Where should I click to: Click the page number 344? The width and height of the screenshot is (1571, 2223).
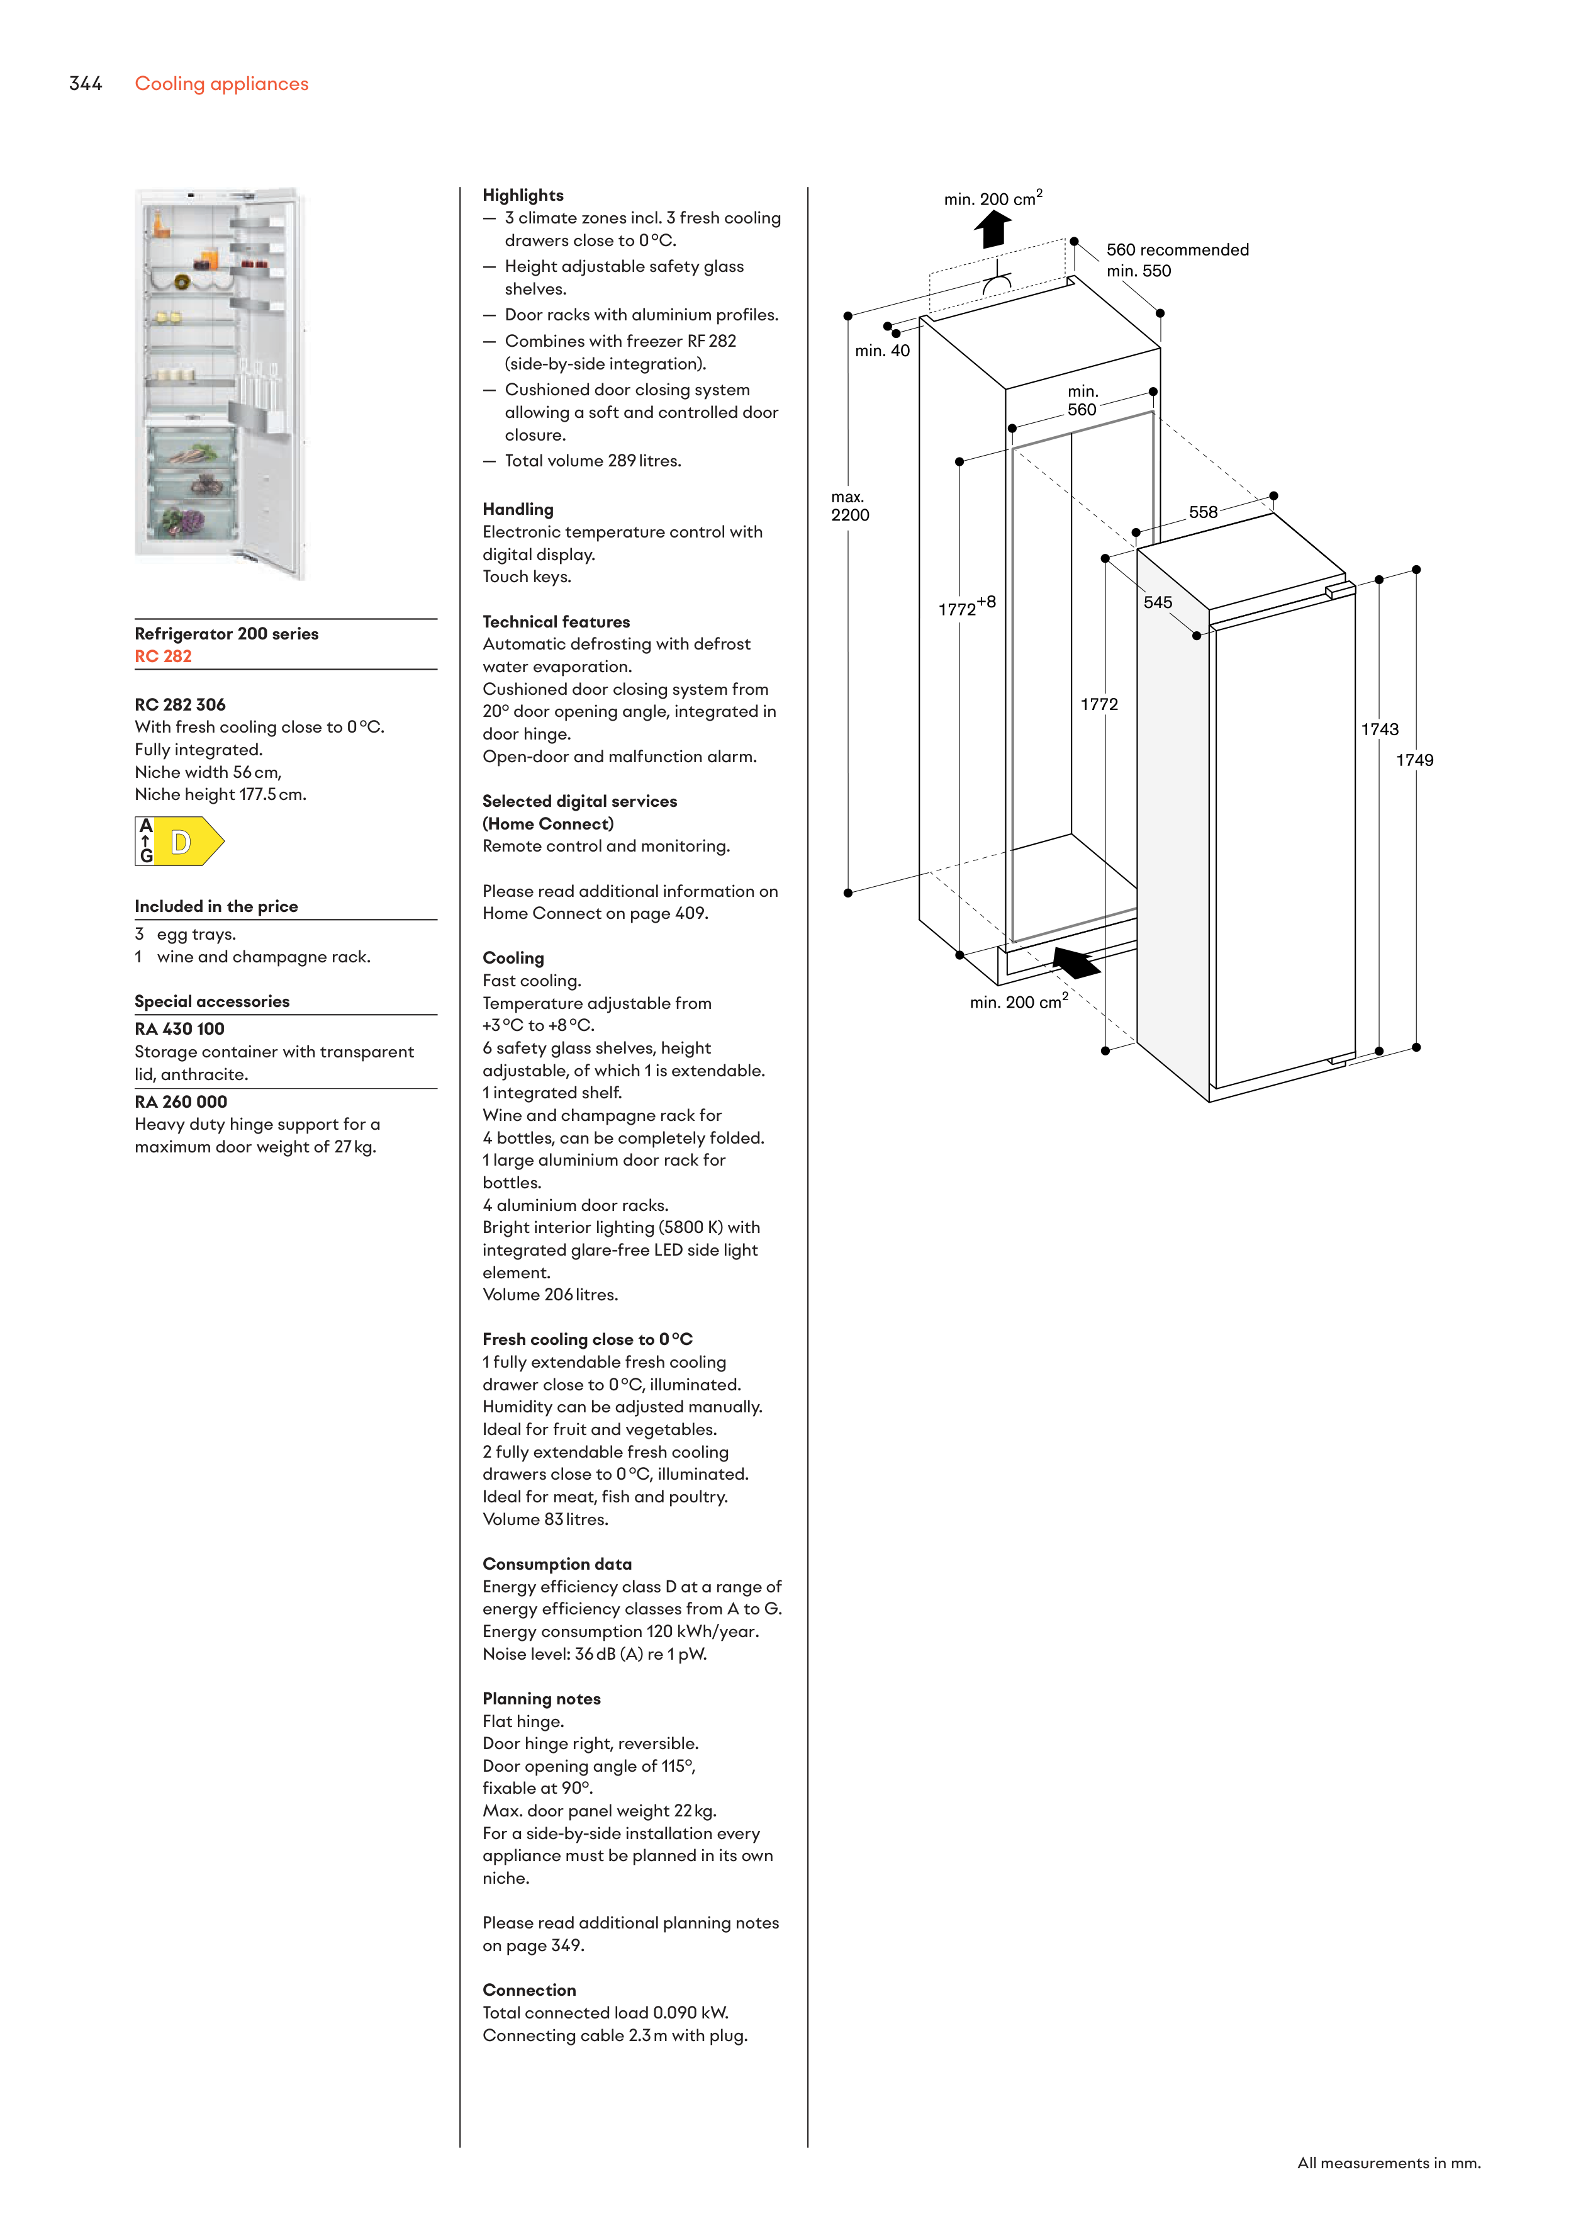click(x=85, y=84)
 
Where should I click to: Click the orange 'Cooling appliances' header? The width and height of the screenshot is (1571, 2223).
click(x=221, y=84)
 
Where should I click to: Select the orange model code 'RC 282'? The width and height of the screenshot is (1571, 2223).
click(x=162, y=656)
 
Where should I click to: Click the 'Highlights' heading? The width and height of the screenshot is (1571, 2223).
click(x=523, y=196)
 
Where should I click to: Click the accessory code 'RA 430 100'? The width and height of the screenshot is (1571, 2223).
click(x=179, y=1029)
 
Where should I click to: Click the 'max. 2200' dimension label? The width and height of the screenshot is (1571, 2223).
click(x=850, y=507)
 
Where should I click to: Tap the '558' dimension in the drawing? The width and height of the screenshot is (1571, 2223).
click(x=1203, y=512)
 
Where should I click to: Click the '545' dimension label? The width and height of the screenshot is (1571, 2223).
click(x=1158, y=602)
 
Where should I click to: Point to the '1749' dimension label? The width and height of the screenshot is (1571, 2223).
click(x=1414, y=760)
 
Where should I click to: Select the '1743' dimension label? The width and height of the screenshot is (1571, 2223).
click(x=1379, y=729)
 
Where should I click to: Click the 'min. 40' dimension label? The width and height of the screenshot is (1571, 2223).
click(x=882, y=351)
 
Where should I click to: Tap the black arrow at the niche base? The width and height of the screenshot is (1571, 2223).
click(x=1075, y=962)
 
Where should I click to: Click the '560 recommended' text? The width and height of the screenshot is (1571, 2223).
click(x=1177, y=250)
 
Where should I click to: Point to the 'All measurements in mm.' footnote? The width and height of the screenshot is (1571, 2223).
click(x=1388, y=2163)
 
